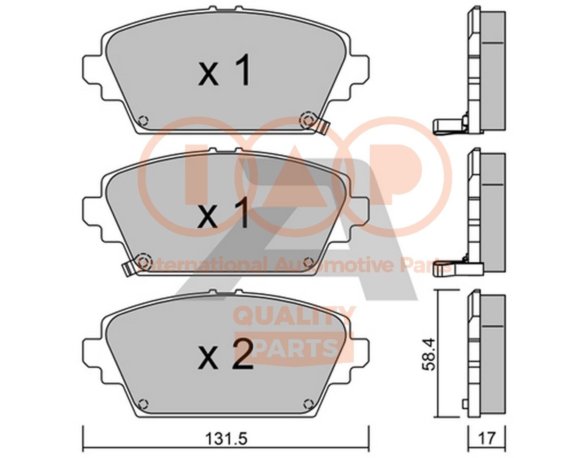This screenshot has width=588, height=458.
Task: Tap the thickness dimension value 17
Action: [487, 439]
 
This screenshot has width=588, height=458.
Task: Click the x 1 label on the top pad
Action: [226, 73]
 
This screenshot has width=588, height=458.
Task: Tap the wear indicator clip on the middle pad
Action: [127, 268]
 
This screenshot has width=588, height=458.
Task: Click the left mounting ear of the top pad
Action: [92, 70]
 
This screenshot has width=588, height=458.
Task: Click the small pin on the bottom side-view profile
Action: [465, 404]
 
